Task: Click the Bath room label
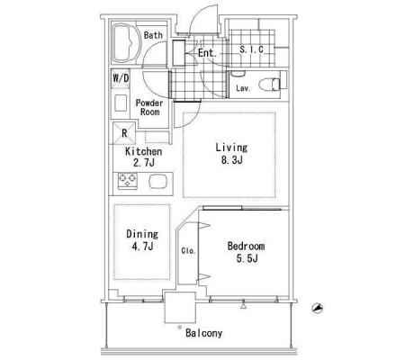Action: point(153,35)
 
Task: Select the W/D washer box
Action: point(121,78)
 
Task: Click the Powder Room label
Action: point(149,107)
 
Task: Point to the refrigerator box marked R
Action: point(124,133)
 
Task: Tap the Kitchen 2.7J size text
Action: point(144,163)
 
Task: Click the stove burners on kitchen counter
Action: point(128,181)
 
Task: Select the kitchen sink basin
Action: point(157,181)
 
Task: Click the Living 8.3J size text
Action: point(232,160)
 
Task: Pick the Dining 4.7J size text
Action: point(142,247)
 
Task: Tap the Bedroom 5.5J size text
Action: point(247,258)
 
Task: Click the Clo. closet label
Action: point(188,251)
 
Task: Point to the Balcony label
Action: point(204,333)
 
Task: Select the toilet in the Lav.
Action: point(269,84)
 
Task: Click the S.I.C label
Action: point(251,49)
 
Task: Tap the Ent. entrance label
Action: point(207,53)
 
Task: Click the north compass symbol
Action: point(317,308)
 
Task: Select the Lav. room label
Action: point(243,88)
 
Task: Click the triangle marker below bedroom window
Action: point(243,306)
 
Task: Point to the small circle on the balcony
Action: point(180,327)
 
